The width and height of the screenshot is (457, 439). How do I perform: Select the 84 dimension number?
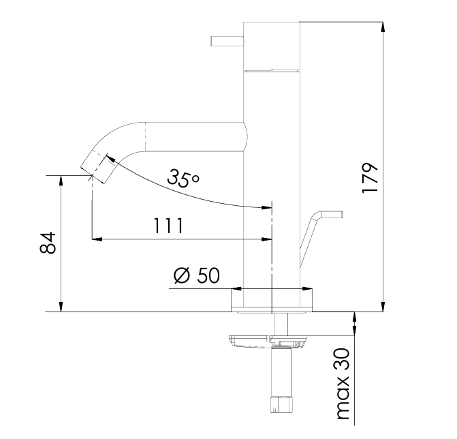[47, 243]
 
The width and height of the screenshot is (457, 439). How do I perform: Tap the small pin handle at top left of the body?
[225, 42]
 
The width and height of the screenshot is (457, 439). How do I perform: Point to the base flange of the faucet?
[272, 300]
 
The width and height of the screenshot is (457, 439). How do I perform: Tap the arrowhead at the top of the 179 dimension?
[384, 26]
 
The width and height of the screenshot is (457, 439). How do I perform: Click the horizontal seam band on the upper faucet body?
[272, 70]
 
